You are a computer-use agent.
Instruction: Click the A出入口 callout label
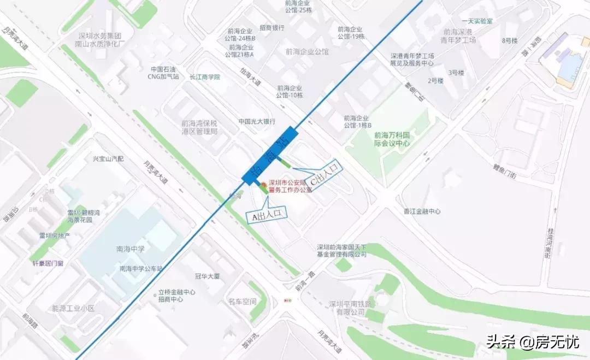pyautogui.click(x=267, y=215)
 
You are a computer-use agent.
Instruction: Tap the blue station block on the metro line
pyautogui.click(x=270, y=156)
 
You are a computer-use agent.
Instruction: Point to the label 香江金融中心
pyautogui.click(x=422, y=211)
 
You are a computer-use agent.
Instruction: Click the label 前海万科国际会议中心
pyautogui.click(x=392, y=139)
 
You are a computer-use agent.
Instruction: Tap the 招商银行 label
pyautogui.click(x=272, y=28)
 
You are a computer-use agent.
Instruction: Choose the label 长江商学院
pyautogui.click(x=204, y=77)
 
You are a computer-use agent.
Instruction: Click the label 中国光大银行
pyautogui.click(x=256, y=121)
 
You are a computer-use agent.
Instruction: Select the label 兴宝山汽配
pyautogui.click(x=108, y=159)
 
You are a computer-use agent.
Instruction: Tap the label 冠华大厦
pyautogui.click(x=208, y=276)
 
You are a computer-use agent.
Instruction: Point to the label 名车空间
pyautogui.click(x=242, y=302)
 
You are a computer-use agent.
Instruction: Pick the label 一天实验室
pyautogui.click(x=477, y=21)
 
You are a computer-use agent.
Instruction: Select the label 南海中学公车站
pyautogui.click(x=141, y=269)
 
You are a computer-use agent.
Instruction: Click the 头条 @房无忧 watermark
pyautogui.click(x=532, y=342)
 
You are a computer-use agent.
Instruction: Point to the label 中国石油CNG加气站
pyautogui.click(x=164, y=73)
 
